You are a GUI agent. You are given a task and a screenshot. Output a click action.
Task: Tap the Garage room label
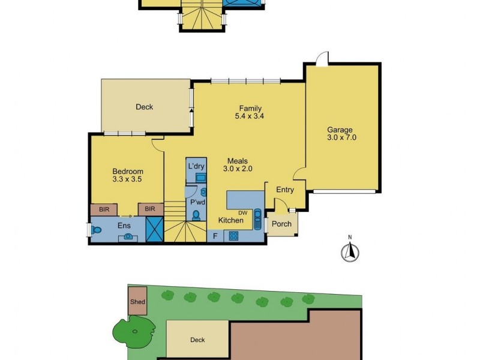pyautogui.click(x=340, y=130)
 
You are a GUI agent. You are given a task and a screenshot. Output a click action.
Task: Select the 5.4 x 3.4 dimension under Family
pyautogui.click(x=249, y=118)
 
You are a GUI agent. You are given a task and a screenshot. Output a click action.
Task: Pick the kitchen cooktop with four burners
pyautogui.click(x=232, y=236)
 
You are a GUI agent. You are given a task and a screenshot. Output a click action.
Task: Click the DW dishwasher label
pyautogui.click(x=243, y=212)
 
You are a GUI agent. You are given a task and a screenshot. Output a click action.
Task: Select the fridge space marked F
pyautogui.click(x=215, y=236)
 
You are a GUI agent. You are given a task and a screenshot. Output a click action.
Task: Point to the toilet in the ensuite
pyautogui.click(x=98, y=230)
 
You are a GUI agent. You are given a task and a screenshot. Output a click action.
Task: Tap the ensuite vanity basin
pyautogui.click(x=128, y=236)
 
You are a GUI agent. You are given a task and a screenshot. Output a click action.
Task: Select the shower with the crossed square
pyautogui.click(x=155, y=230)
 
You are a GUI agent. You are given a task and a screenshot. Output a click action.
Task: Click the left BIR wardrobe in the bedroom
pyautogui.click(x=104, y=209)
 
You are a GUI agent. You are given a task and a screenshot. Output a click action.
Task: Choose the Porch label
pyautogui.click(x=281, y=224)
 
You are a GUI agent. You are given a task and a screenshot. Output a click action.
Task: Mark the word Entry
pyautogui.click(x=285, y=190)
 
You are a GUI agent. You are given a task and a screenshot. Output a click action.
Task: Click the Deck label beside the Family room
pyautogui.click(x=144, y=107)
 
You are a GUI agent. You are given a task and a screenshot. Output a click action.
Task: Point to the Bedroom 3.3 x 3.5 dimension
pyautogui.click(x=128, y=179)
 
